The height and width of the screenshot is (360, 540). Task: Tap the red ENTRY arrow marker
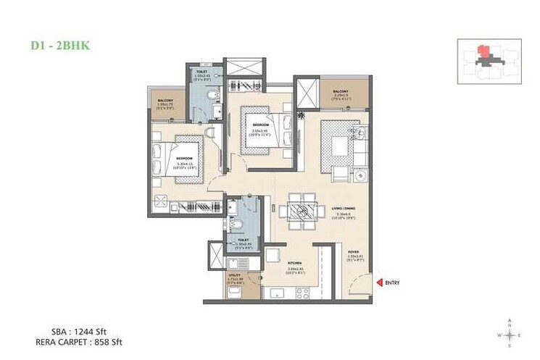click(x=378, y=282)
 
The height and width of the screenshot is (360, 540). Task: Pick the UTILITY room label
click(x=233, y=275)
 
